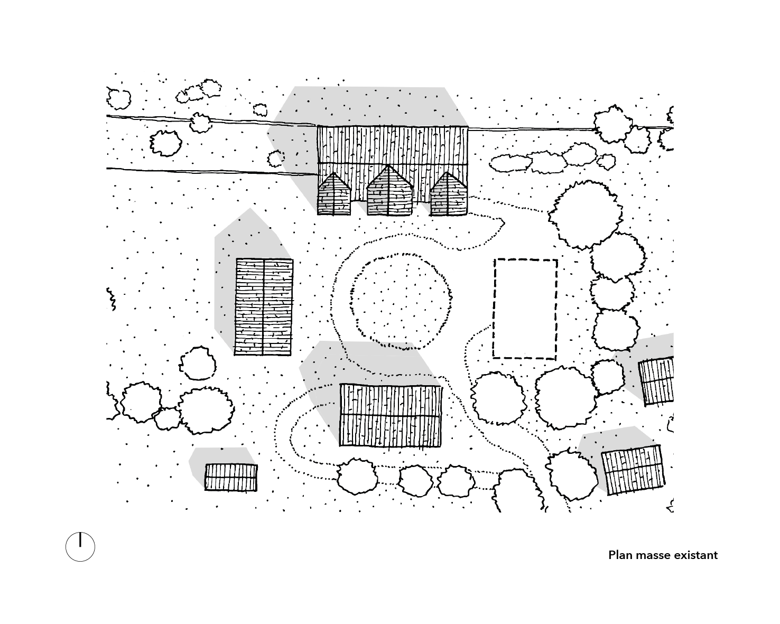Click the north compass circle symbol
80,546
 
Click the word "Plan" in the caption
620,555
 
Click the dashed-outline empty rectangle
525,309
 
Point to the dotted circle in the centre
401,301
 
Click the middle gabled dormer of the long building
389,191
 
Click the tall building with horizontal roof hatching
263,306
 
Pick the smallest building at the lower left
231,477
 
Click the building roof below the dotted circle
391,415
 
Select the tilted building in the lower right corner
633,470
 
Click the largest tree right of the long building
585,213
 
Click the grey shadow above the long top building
370,106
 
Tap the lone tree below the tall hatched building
198,363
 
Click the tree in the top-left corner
118,98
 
